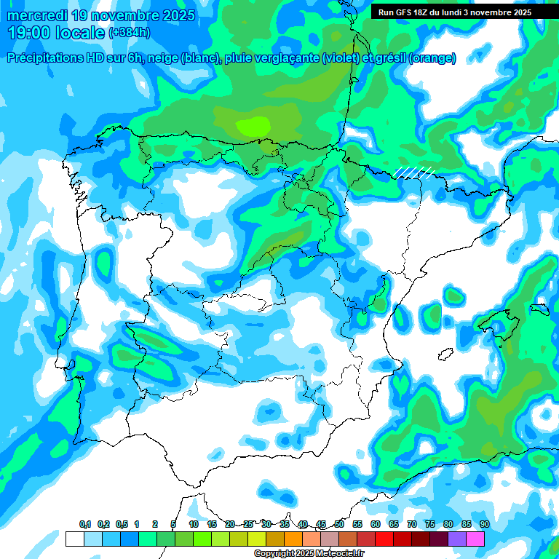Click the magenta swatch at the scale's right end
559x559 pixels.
click(475, 539)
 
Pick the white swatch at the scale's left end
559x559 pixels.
click(74, 539)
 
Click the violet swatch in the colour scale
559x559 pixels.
click(457, 539)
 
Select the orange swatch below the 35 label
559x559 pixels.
click(293, 539)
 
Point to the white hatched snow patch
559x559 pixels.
click(414, 172)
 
